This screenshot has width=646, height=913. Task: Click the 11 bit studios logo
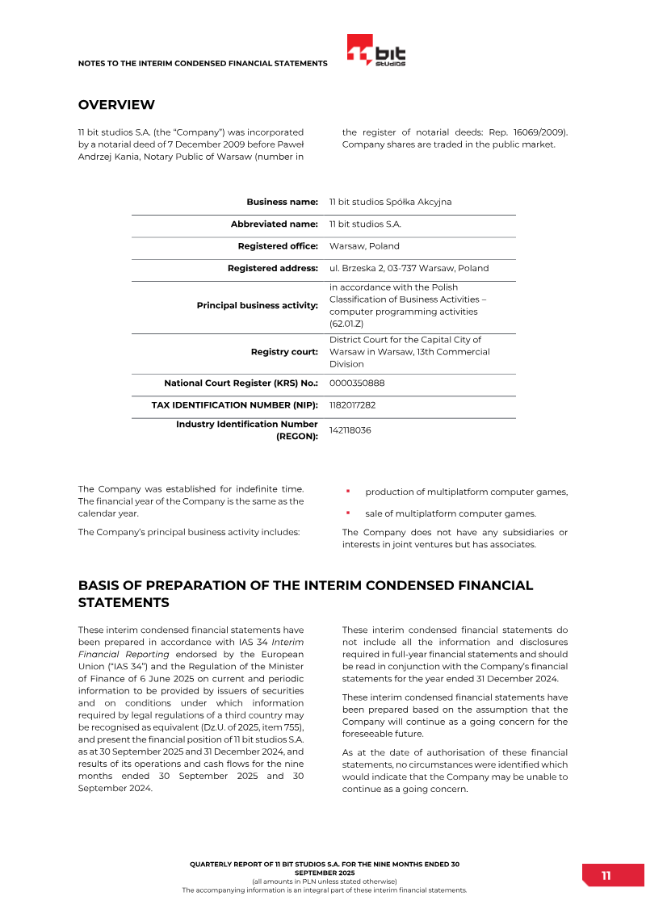[376, 51]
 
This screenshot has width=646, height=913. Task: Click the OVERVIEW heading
[116, 105]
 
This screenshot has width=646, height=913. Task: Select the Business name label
[282, 202]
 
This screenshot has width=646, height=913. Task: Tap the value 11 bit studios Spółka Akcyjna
[390, 202]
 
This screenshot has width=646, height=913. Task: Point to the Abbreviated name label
[274, 224]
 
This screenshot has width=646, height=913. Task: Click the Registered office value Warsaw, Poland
[364, 246]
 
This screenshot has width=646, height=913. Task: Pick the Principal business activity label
[257, 306]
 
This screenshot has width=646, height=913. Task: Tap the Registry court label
[284, 352]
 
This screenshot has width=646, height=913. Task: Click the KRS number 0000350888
[357, 383]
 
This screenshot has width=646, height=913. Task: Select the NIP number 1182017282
[352, 405]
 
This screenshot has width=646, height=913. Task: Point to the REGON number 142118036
[350, 430]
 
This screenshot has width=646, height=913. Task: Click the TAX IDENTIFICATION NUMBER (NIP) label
[234, 405]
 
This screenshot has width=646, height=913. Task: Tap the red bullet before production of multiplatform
[347, 491]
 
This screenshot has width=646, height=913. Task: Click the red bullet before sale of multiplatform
[347, 512]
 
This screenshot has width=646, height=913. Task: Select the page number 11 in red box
[606, 876]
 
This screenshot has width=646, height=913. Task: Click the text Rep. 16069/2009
[531, 132]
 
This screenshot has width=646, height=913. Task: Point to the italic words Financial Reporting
[124, 654]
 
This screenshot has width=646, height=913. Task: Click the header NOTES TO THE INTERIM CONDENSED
[202, 63]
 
